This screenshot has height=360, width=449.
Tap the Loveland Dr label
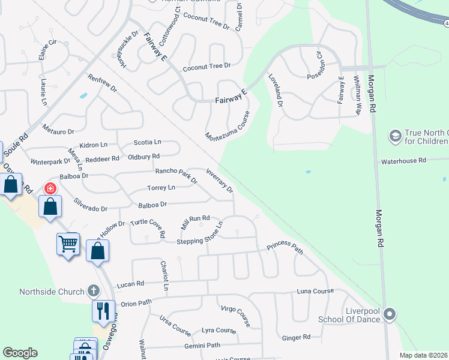click(x=275, y=91)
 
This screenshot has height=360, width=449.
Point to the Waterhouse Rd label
click(x=404, y=161)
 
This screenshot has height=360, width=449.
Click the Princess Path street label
click(x=285, y=247)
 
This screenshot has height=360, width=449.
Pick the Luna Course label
click(x=315, y=292)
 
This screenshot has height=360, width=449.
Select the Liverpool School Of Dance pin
click(x=390, y=314)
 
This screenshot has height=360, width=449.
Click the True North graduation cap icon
click(x=396, y=137)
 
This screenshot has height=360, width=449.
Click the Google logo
click(x=20, y=353)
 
